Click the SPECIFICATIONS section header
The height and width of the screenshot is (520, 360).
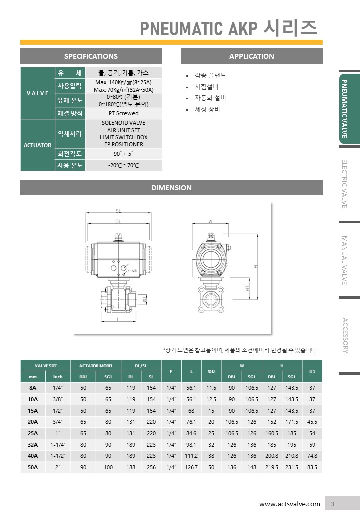[x=91, y=56]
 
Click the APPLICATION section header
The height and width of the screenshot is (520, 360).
[x=252, y=56]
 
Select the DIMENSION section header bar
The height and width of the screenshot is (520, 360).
[x=171, y=188]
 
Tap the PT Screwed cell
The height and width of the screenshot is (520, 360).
[x=123, y=113]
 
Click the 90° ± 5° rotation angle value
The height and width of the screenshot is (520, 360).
[x=123, y=154]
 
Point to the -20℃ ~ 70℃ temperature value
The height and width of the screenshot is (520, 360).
[x=123, y=165]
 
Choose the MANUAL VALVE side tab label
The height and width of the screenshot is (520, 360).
[x=344, y=260]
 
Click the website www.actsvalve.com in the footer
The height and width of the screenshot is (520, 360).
[x=289, y=504]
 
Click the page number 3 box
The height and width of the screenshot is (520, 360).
[x=332, y=504]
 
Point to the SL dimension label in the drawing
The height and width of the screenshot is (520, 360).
[x=118, y=211]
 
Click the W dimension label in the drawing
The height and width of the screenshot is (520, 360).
[x=210, y=221]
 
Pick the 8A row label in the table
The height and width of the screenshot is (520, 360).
[x=33, y=388]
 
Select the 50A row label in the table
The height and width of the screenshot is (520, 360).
[x=33, y=467]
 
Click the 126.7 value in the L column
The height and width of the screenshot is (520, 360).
[x=191, y=467]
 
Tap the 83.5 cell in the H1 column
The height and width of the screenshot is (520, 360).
[x=312, y=467]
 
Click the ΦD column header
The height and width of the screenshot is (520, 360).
[x=211, y=371]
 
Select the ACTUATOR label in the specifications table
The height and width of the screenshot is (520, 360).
[x=38, y=145]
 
